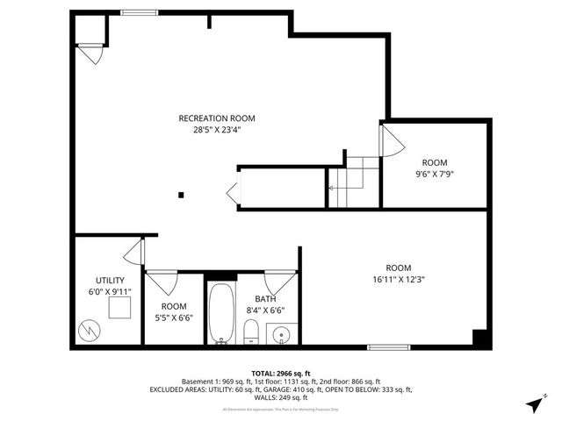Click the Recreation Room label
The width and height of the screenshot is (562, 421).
coord(216,118)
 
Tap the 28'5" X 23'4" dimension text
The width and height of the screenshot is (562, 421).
coord(216,131)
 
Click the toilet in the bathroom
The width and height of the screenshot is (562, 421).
coord(250,332)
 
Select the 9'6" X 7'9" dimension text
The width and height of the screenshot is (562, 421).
coord(435,175)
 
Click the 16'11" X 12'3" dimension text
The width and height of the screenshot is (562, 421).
coord(398,280)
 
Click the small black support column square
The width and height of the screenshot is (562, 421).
coord(181,196)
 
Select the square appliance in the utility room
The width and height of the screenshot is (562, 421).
coord(119,308)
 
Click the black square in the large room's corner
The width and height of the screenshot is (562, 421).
coord(479,338)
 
